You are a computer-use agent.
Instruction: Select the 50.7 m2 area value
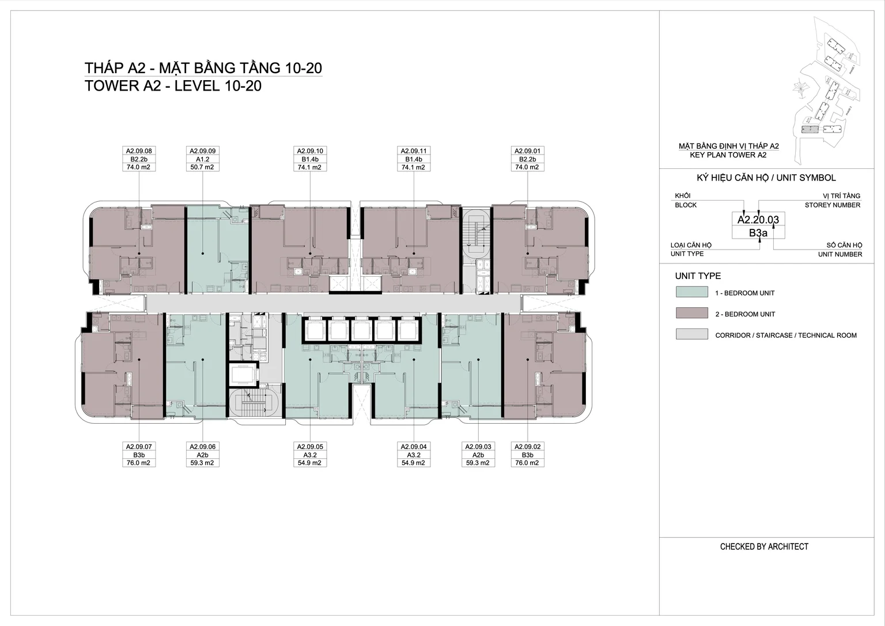[202, 167]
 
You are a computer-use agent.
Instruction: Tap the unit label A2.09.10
[310, 151]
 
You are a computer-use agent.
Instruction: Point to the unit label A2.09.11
[414, 151]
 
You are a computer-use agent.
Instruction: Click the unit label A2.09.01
[527, 151]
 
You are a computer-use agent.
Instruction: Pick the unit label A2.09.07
[139, 447]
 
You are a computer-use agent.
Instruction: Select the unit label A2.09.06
[202, 447]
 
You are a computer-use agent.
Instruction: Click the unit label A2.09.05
[310, 447]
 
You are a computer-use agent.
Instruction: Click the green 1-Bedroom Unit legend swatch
[691, 292]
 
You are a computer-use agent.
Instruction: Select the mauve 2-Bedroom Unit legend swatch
[691, 313]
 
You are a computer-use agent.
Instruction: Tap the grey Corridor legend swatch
[691, 334]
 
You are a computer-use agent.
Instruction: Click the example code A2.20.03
[758, 220]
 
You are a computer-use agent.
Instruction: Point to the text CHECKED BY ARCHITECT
[764, 546]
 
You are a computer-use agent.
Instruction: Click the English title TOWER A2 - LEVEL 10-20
[173, 86]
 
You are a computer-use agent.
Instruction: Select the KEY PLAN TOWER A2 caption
[728, 155]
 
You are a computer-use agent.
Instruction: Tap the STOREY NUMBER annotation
[833, 205]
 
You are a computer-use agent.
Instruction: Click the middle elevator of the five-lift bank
[361, 330]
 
